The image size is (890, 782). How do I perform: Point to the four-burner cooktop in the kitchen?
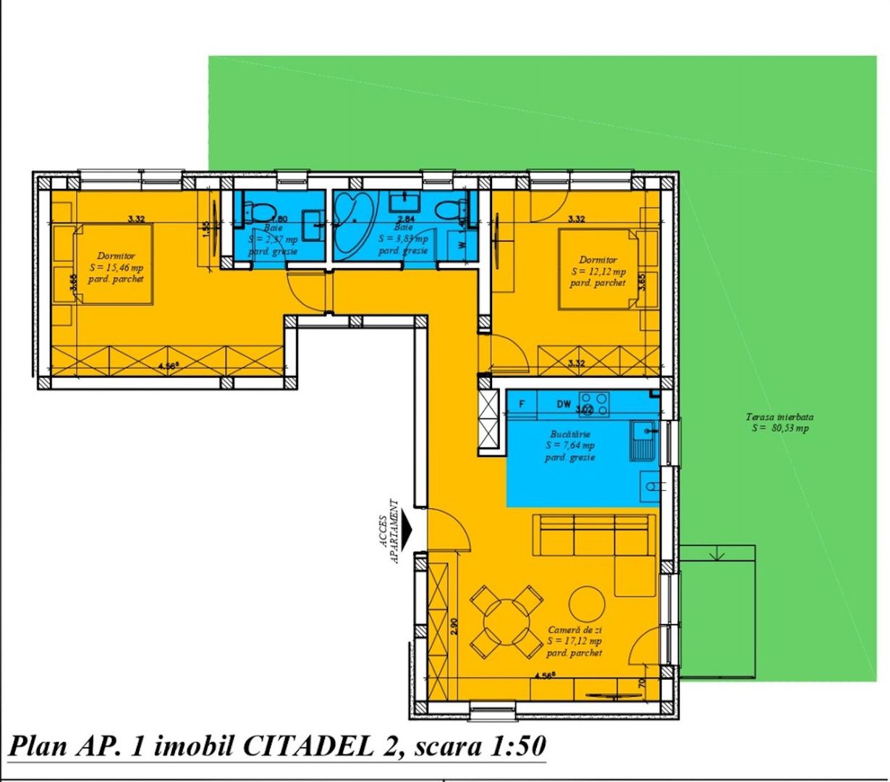coord(594,401)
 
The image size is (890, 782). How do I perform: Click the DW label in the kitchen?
coord(564,404)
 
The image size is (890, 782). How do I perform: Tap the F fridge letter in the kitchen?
coord(522,404)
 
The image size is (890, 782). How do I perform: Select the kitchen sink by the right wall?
coord(643,441)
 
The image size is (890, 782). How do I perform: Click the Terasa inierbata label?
coord(780,417)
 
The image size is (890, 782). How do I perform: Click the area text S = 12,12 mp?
coord(598,272)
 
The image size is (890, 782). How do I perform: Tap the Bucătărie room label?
coord(570,434)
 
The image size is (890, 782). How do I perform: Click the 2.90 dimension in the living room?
coord(454,626)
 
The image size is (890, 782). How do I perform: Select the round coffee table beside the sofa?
coord(586,602)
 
